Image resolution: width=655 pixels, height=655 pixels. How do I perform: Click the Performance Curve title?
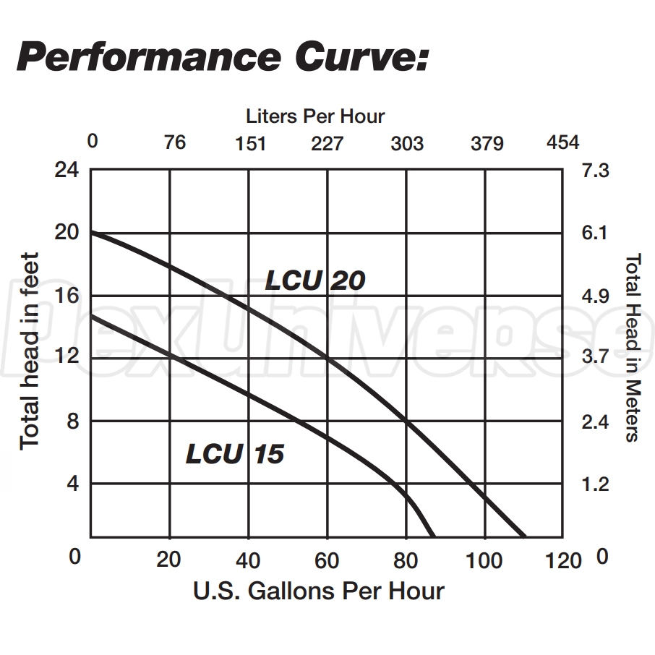(x=223, y=57)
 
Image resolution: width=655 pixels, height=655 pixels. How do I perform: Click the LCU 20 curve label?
(x=314, y=280)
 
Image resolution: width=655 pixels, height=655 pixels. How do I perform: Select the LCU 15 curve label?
(x=235, y=453)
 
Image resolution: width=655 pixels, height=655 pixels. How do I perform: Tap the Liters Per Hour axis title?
(x=315, y=116)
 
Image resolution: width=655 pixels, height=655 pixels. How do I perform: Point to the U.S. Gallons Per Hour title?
(x=318, y=591)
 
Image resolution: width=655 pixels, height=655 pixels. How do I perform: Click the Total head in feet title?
(x=29, y=351)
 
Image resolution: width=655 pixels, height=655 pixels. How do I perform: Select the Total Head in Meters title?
(x=632, y=347)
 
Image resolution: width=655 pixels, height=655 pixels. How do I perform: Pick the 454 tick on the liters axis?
(x=562, y=142)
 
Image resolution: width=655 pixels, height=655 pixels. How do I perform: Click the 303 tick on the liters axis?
(x=407, y=143)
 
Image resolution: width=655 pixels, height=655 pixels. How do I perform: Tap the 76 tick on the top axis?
(x=175, y=142)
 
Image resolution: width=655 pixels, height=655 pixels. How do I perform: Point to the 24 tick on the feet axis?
(x=67, y=171)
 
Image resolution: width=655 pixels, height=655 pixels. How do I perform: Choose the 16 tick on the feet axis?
(x=67, y=296)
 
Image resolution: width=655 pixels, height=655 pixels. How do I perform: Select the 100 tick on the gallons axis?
(x=484, y=560)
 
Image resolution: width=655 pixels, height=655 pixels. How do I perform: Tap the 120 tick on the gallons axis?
(x=563, y=560)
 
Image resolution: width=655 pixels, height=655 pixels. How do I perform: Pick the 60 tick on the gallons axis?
(x=327, y=560)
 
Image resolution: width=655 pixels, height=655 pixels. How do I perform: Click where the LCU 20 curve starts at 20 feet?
(x=92, y=232)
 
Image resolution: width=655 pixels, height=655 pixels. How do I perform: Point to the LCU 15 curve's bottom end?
(x=434, y=536)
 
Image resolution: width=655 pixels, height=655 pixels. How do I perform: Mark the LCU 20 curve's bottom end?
(x=525, y=536)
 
